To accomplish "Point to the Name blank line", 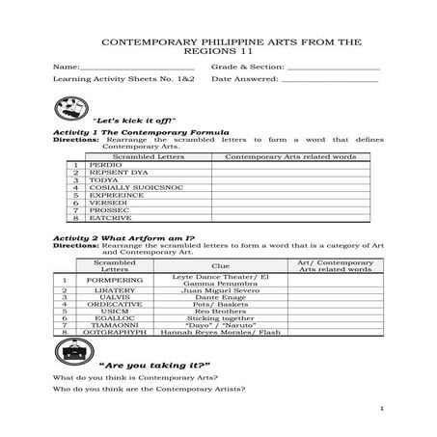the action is [x=135, y=67].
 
